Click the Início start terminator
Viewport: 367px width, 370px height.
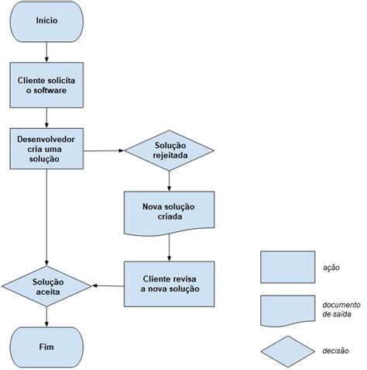[46, 22]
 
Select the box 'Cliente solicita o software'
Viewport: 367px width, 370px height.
[46, 85]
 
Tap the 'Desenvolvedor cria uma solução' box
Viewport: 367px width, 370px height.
[46, 149]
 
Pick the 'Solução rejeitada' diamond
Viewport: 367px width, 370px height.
[170, 150]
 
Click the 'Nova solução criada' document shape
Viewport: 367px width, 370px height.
[170, 213]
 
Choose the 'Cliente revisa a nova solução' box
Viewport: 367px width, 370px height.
[170, 284]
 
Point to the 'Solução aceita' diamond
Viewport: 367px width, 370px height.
[46, 286]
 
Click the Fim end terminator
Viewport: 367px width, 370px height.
[46, 348]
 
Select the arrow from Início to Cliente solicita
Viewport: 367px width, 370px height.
[46, 52]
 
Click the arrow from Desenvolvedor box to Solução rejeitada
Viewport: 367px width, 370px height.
[104, 150]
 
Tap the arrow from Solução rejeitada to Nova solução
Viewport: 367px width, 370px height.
[169, 181]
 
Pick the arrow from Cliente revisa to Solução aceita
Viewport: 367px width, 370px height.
[108, 285]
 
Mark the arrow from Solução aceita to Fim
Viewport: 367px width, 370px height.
[46, 317]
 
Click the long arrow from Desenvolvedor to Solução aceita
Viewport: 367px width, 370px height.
[46, 217]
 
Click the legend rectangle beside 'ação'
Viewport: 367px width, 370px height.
[288, 267]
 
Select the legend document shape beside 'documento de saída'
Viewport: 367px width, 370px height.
[288, 310]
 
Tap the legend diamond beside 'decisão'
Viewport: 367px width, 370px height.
[288, 351]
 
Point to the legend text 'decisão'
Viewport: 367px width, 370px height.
[335, 351]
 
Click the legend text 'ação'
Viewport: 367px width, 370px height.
[331, 268]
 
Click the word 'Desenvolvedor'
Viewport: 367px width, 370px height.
[46, 140]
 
